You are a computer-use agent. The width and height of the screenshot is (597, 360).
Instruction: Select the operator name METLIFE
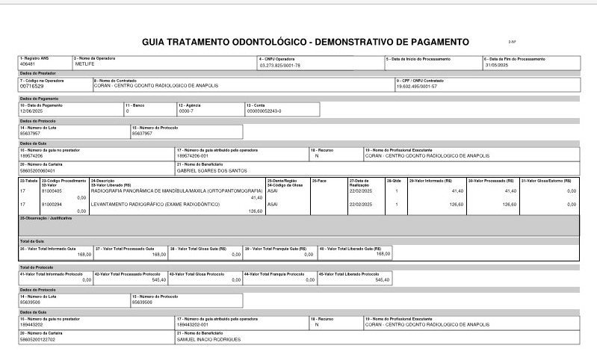(x=83, y=65)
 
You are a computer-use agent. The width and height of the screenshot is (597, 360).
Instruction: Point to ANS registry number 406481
(x=28, y=65)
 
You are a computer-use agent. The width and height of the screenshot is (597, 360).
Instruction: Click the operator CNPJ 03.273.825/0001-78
(x=279, y=66)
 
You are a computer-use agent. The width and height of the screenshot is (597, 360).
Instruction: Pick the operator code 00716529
(x=34, y=87)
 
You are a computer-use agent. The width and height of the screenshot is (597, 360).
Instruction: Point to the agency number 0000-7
(x=187, y=111)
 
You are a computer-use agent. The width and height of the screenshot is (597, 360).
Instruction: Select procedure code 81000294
(x=52, y=203)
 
